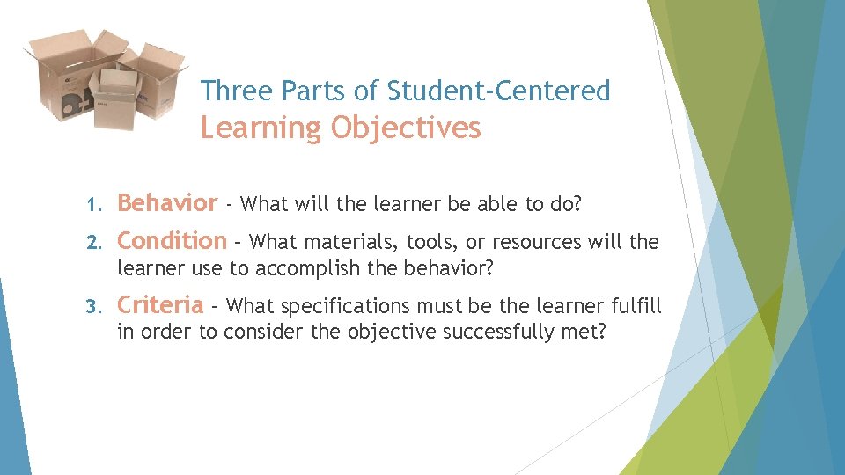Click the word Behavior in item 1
point(166,204)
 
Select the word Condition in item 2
point(172,241)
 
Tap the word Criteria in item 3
point(160,305)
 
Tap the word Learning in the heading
point(261,128)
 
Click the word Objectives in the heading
point(406,128)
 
